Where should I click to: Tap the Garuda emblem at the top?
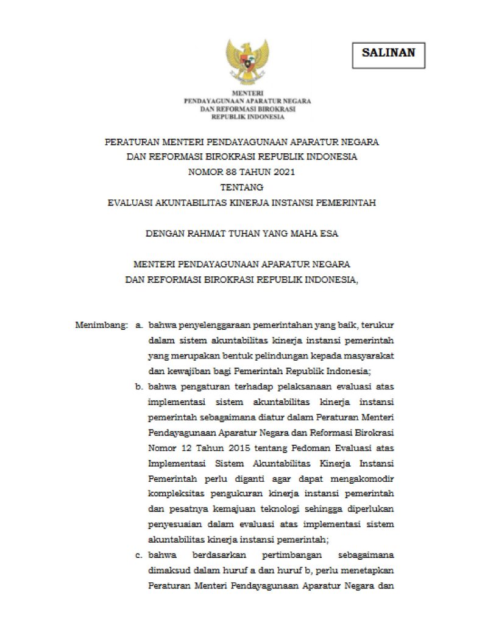point(247,61)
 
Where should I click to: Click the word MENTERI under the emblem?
point(247,92)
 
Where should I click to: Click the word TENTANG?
point(241,187)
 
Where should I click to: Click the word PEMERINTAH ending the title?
point(346,203)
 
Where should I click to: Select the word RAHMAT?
point(200,234)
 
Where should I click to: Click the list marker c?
point(140,555)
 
